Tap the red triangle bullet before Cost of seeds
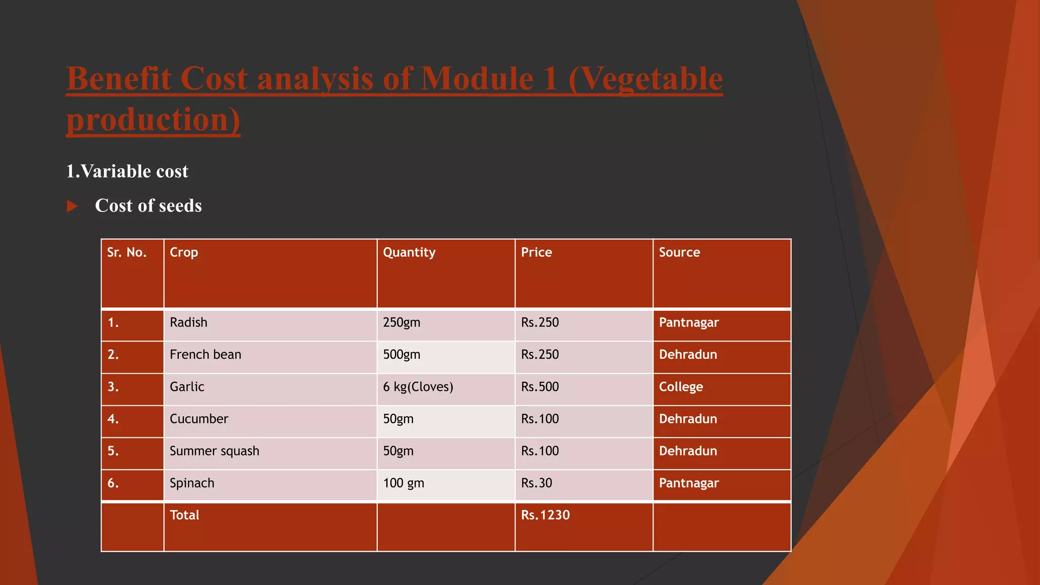tap(73, 206)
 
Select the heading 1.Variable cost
tap(127, 171)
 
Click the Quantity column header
tap(409, 252)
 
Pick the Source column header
tap(679, 252)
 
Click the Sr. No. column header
tap(126, 252)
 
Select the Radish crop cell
tap(188, 322)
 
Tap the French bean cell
tap(205, 354)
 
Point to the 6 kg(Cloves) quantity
tap(418, 387)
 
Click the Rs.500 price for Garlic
tap(540, 387)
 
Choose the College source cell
tap(680, 387)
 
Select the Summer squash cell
tap(214, 451)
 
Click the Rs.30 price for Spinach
tap(536, 483)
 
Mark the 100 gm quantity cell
tap(403, 483)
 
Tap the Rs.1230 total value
tap(545, 515)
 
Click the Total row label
tap(184, 515)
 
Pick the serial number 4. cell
tap(113, 419)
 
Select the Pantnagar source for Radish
tap(689, 322)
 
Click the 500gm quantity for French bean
tap(401, 354)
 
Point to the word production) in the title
tap(153, 120)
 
